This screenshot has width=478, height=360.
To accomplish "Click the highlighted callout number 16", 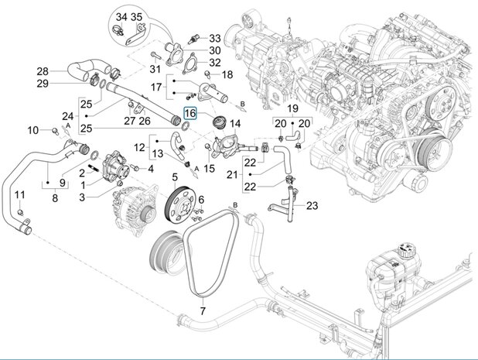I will coord(190,114).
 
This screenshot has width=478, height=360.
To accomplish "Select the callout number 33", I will coord(215,38).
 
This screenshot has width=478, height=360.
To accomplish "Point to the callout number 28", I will coord(43,71).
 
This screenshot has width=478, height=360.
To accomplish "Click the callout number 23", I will coord(312,205).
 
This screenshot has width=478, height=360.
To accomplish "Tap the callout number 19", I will coord(293,108).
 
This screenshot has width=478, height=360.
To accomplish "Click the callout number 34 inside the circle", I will coord(121,16).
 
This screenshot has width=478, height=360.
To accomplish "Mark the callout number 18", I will coord(227,74).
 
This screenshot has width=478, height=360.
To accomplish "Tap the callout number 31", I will coord(154,69).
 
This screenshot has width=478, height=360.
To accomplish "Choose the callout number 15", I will coord(209,166).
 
